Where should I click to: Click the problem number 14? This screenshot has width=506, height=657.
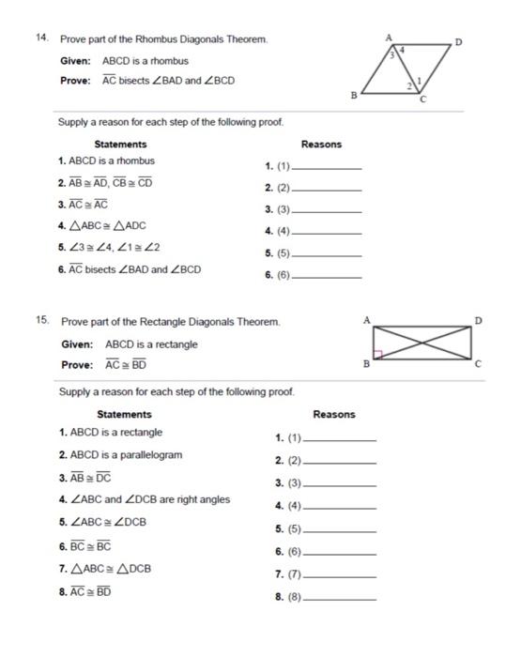click(x=40, y=39)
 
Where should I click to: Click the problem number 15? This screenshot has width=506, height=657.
click(x=41, y=320)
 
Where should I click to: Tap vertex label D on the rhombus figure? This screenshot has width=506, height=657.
click(x=458, y=42)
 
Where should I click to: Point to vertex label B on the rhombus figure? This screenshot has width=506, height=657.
click(x=353, y=95)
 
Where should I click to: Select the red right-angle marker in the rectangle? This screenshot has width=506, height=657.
click(x=378, y=355)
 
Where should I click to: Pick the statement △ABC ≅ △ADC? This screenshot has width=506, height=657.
click(x=108, y=226)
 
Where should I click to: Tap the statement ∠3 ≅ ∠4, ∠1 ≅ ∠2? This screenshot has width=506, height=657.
click(x=114, y=248)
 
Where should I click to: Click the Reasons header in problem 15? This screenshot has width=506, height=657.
click(x=333, y=415)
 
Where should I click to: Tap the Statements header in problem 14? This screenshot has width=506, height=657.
click(x=120, y=145)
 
